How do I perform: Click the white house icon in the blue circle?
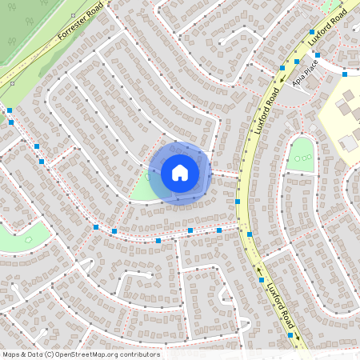[180, 172]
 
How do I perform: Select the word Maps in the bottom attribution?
[12, 354]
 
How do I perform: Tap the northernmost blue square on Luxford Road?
[312, 32]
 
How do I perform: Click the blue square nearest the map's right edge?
[345, 74]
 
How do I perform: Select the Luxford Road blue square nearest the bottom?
[290, 335]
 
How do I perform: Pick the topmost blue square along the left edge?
[10, 110]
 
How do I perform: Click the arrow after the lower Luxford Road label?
[297, 337]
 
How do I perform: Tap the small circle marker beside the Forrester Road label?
[11, 82]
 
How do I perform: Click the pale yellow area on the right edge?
[340, 120]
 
